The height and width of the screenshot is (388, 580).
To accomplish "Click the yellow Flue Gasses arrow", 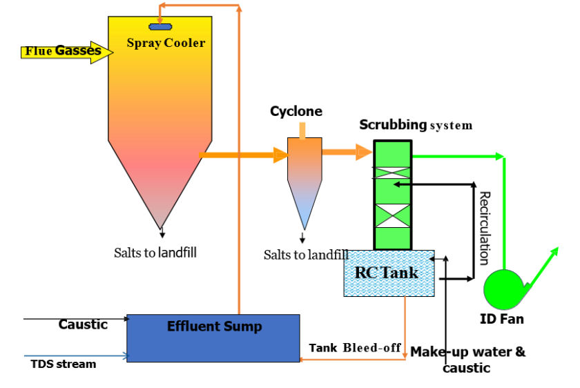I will [x=66, y=51].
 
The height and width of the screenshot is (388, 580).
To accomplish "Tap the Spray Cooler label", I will [x=166, y=43].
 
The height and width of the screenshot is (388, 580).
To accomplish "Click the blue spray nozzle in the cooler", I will [x=161, y=27].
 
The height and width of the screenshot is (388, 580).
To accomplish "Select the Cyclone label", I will [x=296, y=111].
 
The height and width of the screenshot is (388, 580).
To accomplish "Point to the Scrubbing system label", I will [x=416, y=125].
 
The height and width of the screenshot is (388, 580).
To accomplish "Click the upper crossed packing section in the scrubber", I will [x=392, y=173].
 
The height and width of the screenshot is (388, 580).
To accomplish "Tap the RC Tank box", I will [x=389, y=273].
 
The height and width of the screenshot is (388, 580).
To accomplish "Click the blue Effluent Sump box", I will [x=213, y=338].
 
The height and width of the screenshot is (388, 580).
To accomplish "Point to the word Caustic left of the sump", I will [x=83, y=324].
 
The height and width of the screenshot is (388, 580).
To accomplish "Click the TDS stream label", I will [x=64, y=364].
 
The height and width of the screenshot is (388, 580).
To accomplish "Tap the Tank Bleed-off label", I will [x=355, y=347].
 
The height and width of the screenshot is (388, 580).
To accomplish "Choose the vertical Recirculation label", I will [x=485, y=228].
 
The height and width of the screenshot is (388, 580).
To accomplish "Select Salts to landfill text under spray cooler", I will [x=155, y=253].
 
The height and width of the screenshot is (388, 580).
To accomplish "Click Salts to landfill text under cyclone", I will [x=306, y=255].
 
